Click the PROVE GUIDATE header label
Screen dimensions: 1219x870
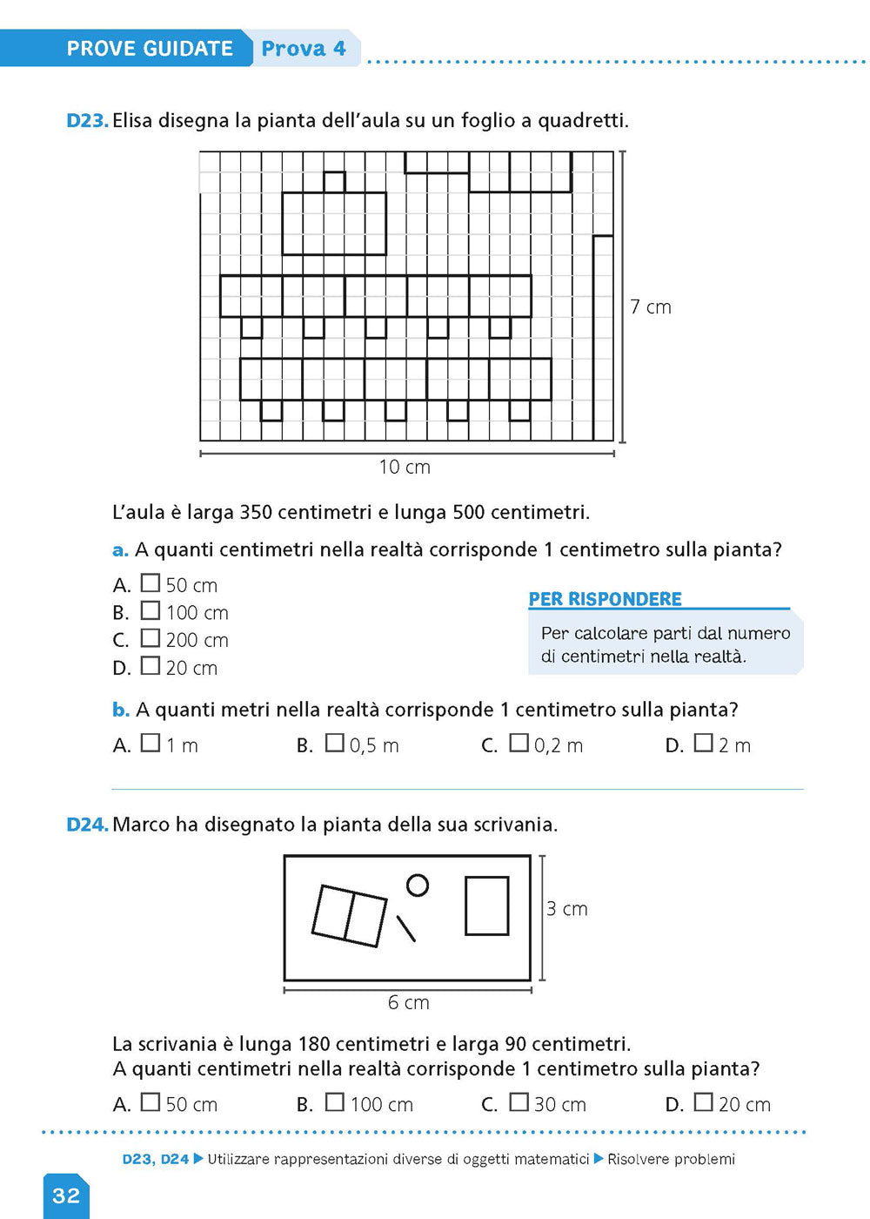(150, 49)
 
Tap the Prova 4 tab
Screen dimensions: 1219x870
(304, 49)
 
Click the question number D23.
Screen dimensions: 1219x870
(87, 121)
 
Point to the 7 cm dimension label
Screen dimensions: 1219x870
(651, 306)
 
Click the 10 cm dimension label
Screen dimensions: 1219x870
(405, 467)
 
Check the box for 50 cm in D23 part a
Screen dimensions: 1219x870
(151, 583)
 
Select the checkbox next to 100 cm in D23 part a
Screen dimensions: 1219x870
(151, 611)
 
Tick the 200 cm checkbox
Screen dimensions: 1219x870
(151, 638)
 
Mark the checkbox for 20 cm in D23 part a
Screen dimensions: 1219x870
(151, 666)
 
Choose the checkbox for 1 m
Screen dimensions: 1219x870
(151, 744)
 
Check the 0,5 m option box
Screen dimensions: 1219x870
(335, 744)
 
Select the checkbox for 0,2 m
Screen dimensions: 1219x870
(519, 744)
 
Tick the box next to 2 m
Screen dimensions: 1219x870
(704, 744)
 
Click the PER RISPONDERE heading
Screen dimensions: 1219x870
(606, 599)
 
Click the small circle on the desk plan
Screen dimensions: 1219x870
(418, 886)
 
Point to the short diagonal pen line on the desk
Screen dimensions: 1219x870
(406, 928)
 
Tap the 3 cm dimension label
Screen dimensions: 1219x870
(567, 909)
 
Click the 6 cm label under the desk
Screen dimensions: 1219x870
(409, 1002)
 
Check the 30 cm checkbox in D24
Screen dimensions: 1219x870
(519, 1102)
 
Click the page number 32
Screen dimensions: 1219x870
(66, 1195)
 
